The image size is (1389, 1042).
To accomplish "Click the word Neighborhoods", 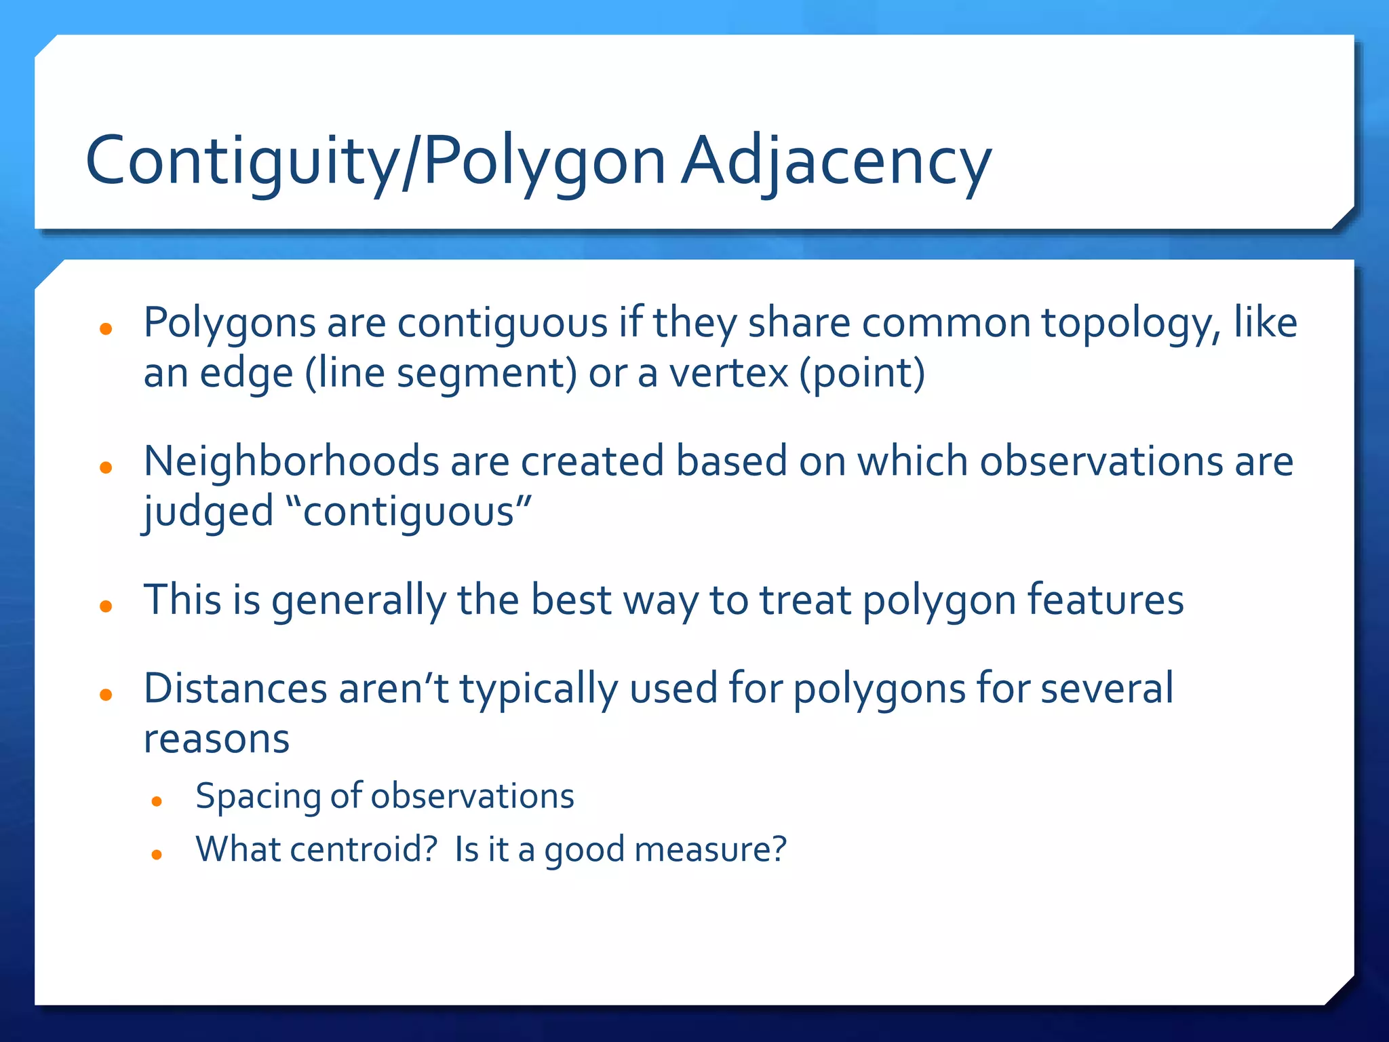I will point(292,461).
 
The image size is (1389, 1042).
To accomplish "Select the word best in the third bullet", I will point(570,600).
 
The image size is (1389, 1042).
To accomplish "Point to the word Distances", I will point(235,689).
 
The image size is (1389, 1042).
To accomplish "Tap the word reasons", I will point(216,739).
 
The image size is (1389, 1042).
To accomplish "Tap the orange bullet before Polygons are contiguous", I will point(105,330).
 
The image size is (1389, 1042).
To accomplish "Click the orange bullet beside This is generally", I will point(105,606).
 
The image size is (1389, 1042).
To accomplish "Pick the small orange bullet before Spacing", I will point(157,802).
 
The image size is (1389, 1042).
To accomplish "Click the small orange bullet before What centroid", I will point(157,855).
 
